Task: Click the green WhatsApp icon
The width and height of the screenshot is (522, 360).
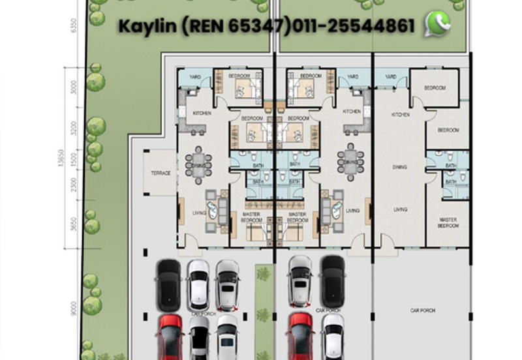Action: [x=437, y=25]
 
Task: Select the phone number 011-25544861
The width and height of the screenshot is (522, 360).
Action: [x=353, y=26]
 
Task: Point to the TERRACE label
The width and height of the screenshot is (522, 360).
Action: [x=161, y=173]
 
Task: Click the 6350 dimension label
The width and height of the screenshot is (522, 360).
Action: [x=74, y=25]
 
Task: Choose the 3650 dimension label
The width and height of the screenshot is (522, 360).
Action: [x=74, y=224]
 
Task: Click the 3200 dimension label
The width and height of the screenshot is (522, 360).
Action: [x=74, y=127]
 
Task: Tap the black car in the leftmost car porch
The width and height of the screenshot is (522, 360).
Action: [x=169, y=284]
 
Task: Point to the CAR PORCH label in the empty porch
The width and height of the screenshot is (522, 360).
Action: [x=422, y=310]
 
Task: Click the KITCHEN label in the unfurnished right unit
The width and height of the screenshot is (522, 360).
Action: [x=401, y=115]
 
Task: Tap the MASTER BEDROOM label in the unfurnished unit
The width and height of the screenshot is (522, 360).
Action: [x=448, y=223]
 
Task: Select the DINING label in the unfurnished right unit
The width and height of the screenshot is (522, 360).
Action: [x=400, y=168]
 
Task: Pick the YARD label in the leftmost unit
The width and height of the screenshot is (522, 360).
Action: [x=194, y=77]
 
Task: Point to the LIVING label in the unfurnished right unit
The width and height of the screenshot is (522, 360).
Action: [x=400, y=210]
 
